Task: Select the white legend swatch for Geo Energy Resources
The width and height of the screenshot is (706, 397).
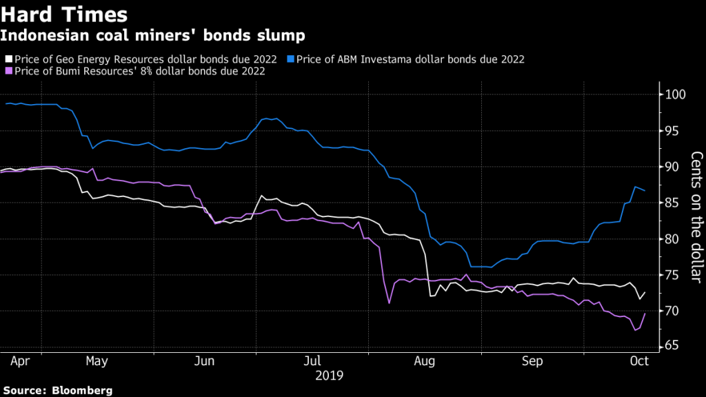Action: pos(8,59)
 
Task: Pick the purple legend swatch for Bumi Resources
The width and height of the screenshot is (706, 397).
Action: pos(8,70)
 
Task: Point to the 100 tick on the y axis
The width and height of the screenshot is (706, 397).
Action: pos(674,94)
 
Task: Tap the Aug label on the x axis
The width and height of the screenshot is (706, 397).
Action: pos(425,360)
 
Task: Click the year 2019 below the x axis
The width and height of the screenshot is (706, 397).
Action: pos(330,376)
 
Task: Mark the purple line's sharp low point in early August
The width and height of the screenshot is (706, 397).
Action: pos(390,303)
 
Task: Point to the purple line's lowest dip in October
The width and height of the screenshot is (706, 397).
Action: pos(635,330)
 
